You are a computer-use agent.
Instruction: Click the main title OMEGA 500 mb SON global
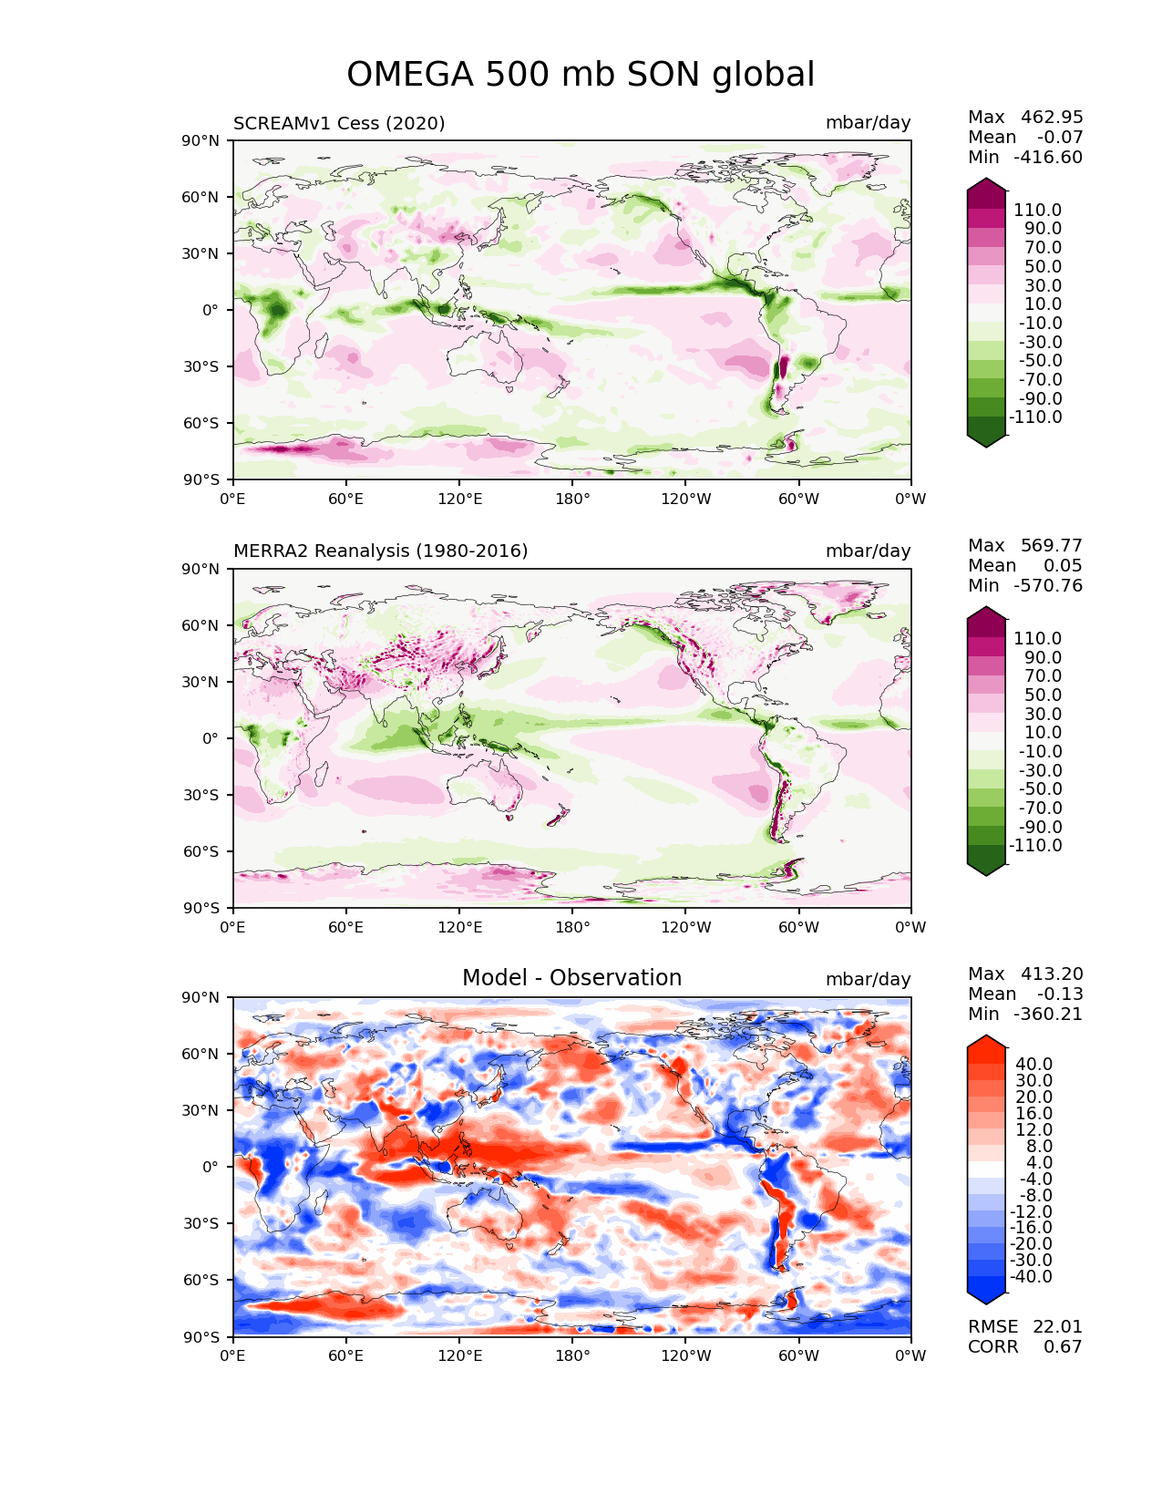click(x=581, y=75)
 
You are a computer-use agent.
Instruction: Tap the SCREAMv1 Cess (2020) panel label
click(x=339, y=123)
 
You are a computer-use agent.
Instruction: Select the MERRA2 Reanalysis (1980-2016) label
click(x=380, y=551)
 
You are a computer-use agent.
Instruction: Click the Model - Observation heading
click(x=571, y=978)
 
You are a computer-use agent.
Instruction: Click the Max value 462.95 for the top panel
click(x=1052, y=118)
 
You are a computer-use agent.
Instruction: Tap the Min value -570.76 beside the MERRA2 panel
click(x=1048, y=586)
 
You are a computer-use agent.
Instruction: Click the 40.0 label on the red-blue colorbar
click(x=1034, y=1065)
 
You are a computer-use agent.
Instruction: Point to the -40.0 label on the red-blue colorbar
click(x=1032, y=1277)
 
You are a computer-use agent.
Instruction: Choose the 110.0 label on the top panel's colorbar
click(x=1037, y=211)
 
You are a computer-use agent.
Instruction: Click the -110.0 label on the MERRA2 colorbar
click(x=1035, y=846)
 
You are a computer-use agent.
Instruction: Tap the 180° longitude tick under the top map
click(x=572, y=500)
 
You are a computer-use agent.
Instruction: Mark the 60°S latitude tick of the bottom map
click(x=205, y=1281)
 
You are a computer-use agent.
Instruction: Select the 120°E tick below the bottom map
click(x=459, y=1356)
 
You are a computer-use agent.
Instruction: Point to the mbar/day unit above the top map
click(x=868, y=123)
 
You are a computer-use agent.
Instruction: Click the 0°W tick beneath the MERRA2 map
click(x=910, y=928)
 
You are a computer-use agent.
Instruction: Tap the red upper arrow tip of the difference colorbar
click(x=987, y=1041)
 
